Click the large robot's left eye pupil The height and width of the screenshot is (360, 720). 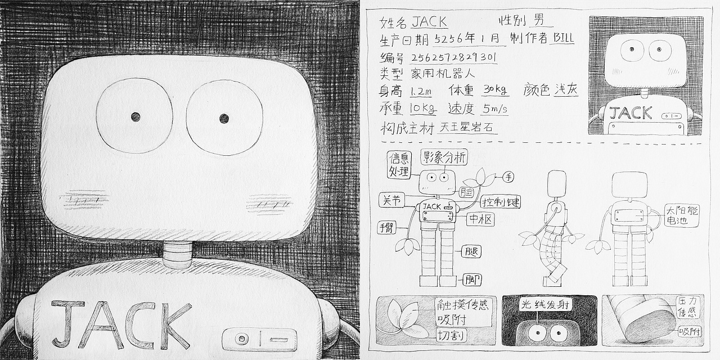click(136, 116)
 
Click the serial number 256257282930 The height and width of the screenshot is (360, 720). click(453, 57)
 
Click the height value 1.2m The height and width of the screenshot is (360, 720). click(420, 91)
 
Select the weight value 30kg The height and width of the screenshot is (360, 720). click(495, 91)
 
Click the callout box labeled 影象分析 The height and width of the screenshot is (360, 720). click(444, 157)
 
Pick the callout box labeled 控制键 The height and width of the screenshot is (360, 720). click(501, 201)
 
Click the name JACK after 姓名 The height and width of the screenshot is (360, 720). click(430, 22)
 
